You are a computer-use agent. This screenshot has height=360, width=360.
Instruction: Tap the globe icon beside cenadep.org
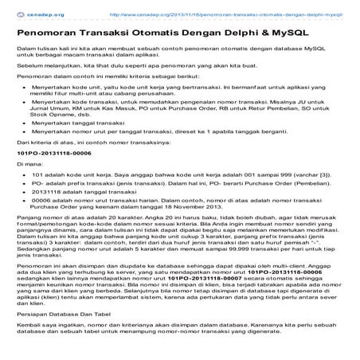pos(10,13)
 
